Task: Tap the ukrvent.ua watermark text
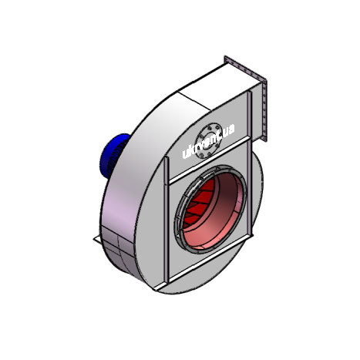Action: click(208, 141)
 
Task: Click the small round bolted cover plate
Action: click(208, 140)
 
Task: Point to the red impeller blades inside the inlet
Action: click(199, 203)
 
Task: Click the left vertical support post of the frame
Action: click(167, 221)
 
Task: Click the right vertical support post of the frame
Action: click(249, 164)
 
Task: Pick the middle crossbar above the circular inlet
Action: click(210, 160)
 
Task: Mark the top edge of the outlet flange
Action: click(245, 69)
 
